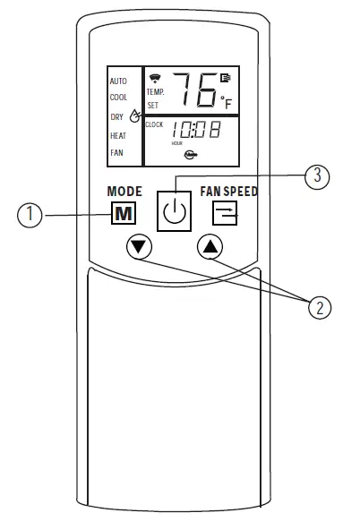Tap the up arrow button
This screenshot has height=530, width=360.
(209, 248)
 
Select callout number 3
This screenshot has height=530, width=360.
(313, 176)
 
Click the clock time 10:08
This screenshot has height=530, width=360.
(196, 131)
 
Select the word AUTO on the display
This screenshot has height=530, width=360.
(118, 81)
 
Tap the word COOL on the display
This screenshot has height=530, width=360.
(118, 98)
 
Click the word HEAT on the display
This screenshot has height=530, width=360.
(118, 135)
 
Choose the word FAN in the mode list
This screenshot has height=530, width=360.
(116, 153)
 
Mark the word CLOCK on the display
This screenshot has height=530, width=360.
(154, 125)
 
